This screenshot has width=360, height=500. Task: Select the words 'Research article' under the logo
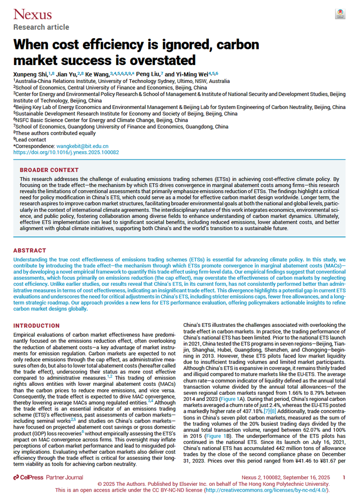pyautogui.click(x=41, y=27)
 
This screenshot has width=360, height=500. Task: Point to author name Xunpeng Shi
pyautogui.click(x=29, y=75)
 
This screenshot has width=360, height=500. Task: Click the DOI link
pyautogui.click(x=66, y=153)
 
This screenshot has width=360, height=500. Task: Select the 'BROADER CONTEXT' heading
pyautogui.click(x=49, y=169)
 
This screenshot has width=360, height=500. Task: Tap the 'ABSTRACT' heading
pyautogui.click(x=30, y=250)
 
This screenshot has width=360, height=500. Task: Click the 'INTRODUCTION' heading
pyautogui.click(x=37, y=326)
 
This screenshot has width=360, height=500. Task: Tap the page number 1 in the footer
pyautogui.click(x=343, y=478)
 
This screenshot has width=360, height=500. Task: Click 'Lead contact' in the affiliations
pyautogui.click(x=31, y=140)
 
